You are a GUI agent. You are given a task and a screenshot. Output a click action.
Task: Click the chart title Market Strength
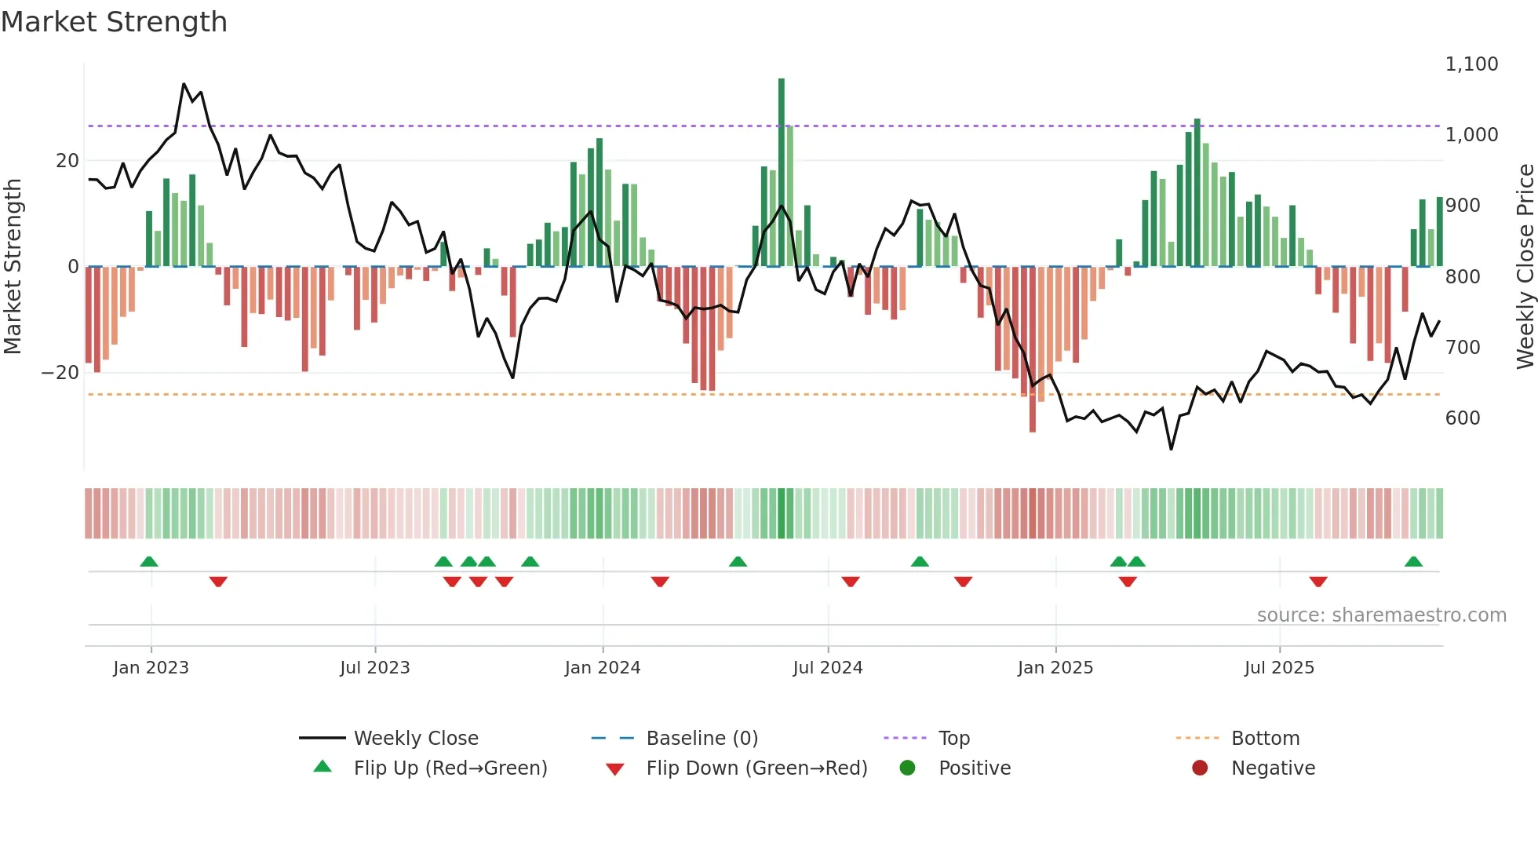pos(114,22)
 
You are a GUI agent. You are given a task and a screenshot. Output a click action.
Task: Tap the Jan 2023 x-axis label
pos(151,667)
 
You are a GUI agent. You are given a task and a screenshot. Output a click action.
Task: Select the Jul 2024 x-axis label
pos(827,667)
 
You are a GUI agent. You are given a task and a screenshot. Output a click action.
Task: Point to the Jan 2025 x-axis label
pos(1055,667)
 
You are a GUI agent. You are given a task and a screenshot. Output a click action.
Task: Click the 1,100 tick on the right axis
pos(1471,64)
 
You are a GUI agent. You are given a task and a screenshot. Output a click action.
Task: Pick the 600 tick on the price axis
pos(1462,418)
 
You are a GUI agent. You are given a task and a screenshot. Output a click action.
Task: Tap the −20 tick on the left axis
pos(61,373)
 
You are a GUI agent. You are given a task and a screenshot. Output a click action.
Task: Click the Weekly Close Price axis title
pos(1525,267)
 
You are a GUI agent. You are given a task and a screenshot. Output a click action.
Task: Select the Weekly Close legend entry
pos(415,738)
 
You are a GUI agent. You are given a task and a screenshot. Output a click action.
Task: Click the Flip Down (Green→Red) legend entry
pos(756,768)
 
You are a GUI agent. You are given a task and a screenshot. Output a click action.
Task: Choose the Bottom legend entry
pos(1265,738)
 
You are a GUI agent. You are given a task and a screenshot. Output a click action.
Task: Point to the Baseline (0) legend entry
pos(702,738)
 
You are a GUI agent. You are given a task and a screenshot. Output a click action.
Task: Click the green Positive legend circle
pos(907,768)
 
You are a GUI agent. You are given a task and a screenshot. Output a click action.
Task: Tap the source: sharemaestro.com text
pos(1381,615)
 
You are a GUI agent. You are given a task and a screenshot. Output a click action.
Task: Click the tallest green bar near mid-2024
pos(782,173)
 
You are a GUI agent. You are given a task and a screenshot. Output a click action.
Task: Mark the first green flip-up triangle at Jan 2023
pos(149,561)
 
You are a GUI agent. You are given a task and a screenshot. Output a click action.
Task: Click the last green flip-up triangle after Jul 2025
pos(1413,561)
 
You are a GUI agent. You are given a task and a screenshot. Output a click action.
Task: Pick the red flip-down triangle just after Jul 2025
pos(1318,582)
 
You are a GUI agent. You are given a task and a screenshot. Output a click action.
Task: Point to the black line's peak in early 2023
pos(184,84)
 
